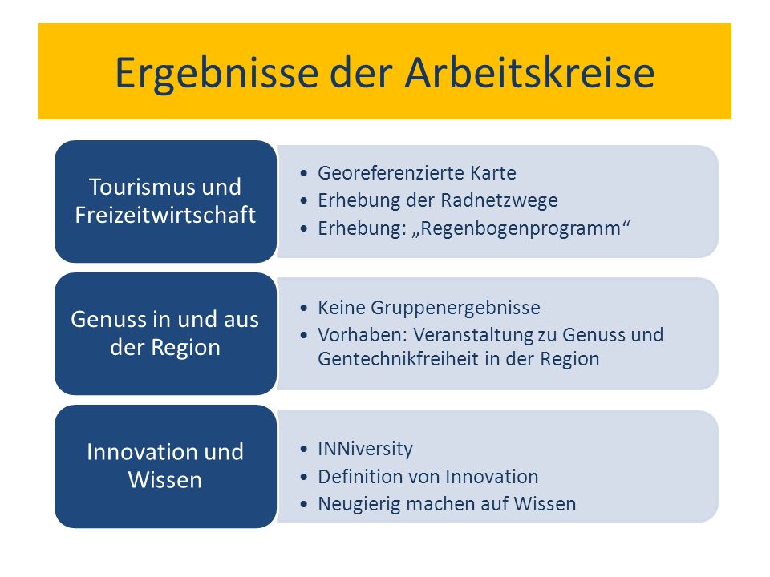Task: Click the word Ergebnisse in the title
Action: pos(217,74)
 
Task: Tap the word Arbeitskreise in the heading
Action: pos(529,72)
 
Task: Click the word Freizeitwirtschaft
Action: pos(165,215)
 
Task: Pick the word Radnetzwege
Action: pos(499,200)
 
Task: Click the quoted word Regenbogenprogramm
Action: pos(521,228)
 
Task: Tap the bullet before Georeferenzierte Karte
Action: pos(304,174)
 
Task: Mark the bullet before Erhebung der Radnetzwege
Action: pos(304,201)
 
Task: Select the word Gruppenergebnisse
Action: pos(456,308)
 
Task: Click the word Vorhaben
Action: pos(363,335)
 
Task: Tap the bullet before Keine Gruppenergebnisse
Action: pos(304,308)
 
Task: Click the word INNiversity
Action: pos(366,449)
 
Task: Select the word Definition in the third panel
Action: pos(363,477)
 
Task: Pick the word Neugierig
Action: pos(359,504)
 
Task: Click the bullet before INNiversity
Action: pos(304,450)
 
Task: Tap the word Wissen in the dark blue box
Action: pos(165,480)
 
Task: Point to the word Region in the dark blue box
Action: pos(185,348)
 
